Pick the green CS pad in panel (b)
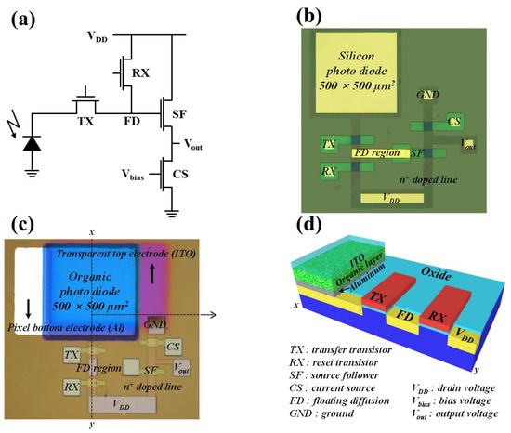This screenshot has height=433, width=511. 454,122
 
